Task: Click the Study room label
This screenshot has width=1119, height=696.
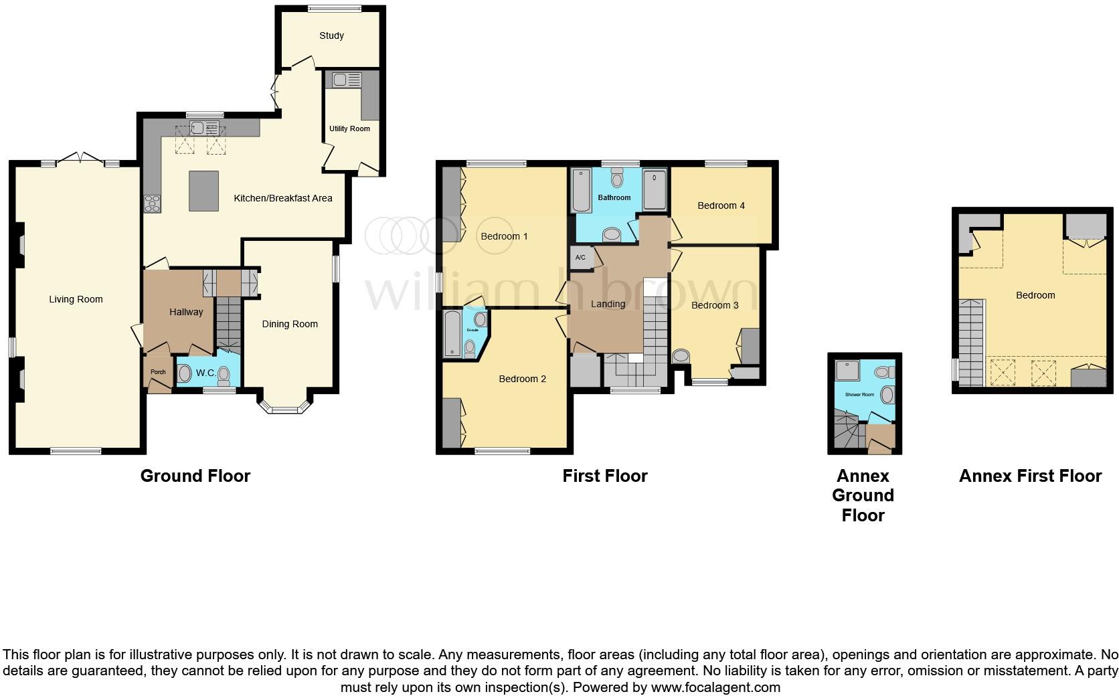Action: [x=331, y=35]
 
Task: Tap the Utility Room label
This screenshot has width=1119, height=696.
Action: [x=349, y=128]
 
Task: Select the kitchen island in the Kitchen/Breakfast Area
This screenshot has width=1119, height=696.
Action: [x=203, y=191]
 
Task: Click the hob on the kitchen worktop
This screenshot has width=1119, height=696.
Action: [x=152, y=202]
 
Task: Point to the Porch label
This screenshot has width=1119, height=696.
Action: [x=158, y=372]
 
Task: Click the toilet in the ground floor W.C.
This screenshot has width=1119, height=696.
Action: [x=223, y=375]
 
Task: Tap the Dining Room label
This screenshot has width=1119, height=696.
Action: [x=289, y=324]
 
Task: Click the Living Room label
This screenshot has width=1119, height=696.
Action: [x=76, y=299]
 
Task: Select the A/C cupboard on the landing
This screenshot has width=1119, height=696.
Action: [x=580, y=258]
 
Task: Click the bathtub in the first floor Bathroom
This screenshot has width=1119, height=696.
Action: [x=580, y=190]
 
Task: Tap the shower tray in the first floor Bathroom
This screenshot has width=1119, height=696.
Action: [x=655, y=190]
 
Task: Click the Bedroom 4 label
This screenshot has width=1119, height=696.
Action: [x=721, y=205]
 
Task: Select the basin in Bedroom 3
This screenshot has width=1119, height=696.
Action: [x=681, y=356]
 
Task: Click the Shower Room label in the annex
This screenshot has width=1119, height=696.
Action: [x=859, y=395]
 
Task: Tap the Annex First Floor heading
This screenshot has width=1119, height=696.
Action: [x=1030, y=476]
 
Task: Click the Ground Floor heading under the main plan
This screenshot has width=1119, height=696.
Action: [x=195, y=476]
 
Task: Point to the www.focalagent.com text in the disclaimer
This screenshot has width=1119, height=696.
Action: [x=715, y=687]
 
